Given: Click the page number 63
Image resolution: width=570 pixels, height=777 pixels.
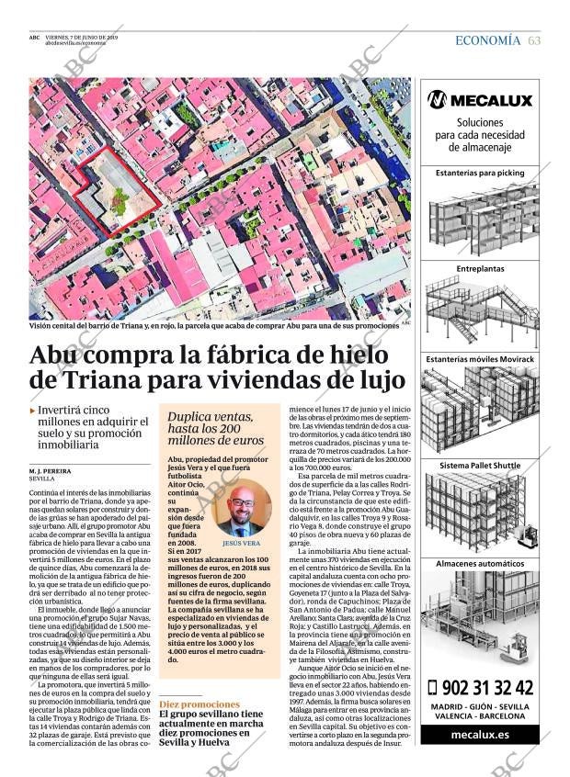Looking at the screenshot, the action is tap(534, 40).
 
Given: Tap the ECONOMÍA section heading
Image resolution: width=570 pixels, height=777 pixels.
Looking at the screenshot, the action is tap(487, 40).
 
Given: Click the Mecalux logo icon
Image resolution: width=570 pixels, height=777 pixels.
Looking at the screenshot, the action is tap(437, 100).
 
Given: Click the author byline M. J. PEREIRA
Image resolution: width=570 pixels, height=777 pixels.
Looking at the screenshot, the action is tap(51, 470).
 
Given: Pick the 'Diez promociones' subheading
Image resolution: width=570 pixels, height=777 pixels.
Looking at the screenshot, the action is tap(199, 704).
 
